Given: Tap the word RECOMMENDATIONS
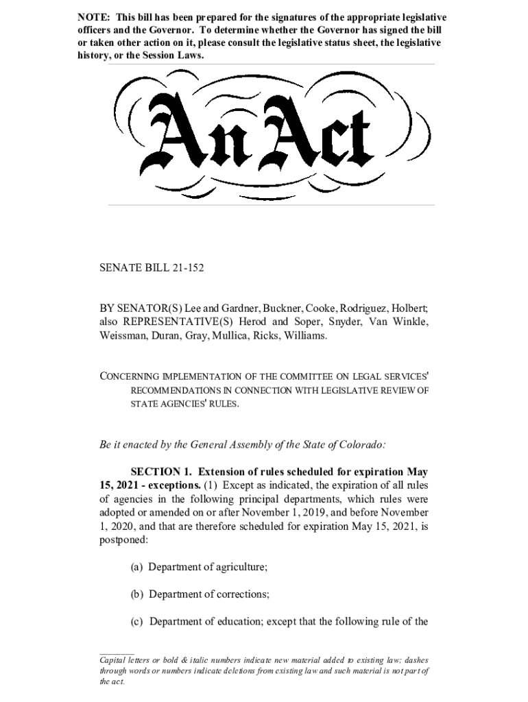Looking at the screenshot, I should click(176, 390).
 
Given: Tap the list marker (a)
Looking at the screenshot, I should click(136, 568).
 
